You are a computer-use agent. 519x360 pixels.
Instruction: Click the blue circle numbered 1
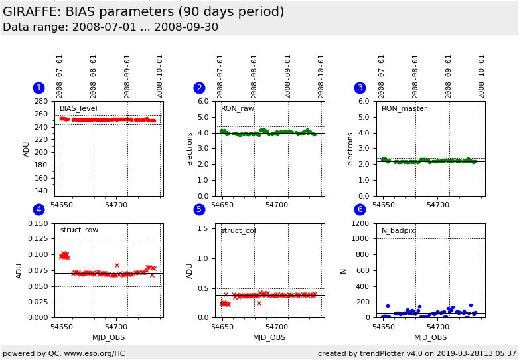pyautogui.click(x=38, y=88)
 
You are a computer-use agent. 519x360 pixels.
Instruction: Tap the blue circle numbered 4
pyautogui.click(x=38, y=209)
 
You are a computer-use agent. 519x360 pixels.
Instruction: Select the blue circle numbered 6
pyautogui.click(x=360, y=209)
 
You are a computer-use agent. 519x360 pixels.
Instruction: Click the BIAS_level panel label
pyautogui.click(x=78, y=109)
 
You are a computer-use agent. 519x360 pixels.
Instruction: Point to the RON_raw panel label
pyautogui.click(x=238, y=109)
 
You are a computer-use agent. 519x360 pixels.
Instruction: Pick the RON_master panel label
pyautogui.click(x=404, y=109)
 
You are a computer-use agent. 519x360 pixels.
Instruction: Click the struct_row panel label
pyautogui.click(x=79, y=230)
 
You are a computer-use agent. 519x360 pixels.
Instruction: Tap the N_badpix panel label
pyautogui.click(x=398, y=230)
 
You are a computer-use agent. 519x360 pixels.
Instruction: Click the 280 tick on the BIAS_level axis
pyautogui.click(x=41, y=101)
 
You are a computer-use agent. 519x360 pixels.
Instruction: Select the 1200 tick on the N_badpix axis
pyautogui.click(x=360, y=223)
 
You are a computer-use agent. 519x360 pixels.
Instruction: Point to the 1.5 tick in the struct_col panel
pyautogui.click(x=202, y=228)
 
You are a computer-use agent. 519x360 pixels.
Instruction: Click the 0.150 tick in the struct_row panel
pyautogui.click(x=38, y=223)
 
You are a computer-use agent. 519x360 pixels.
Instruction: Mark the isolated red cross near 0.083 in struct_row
pyautogui.click(x=117, y=265)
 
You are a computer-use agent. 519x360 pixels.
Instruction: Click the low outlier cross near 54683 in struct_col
pyautogui.click(x=259, y=303)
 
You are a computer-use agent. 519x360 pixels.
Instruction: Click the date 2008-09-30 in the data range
pyautogui.click(x=186, y=27)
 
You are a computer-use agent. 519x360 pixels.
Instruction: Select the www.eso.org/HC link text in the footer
pyautogui.click(x=95, y=353)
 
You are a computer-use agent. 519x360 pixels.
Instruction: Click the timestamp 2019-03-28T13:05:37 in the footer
pyautogui.click(x=476, y=353)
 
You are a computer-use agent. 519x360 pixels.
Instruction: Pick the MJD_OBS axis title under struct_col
pyautogui.click(x=269, y=337)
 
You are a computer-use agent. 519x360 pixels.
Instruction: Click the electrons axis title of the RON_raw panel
pyautogui.click(x=189, y=149)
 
